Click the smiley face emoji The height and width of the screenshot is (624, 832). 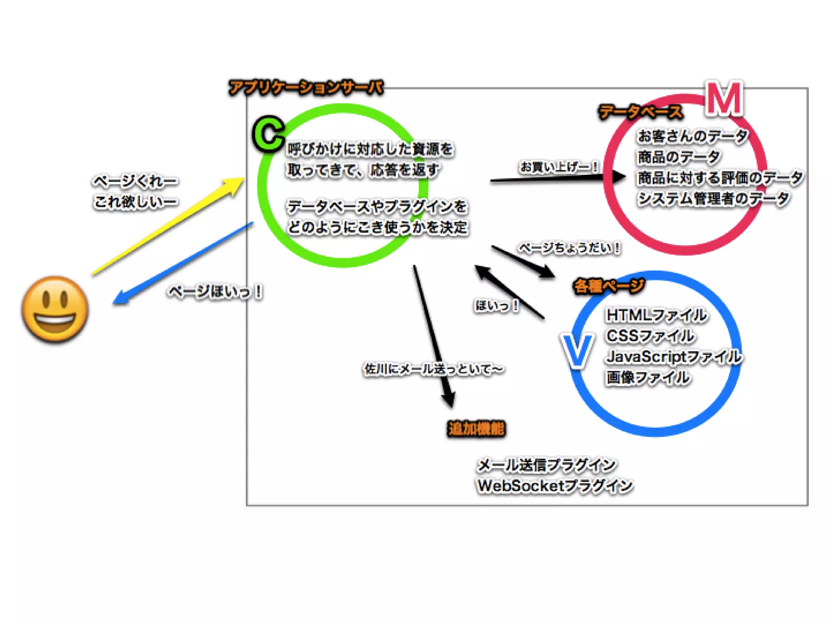tap(55, 310)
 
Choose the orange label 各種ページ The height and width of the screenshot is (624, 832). tap(608, 286)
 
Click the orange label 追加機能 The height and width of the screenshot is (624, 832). tap(477, 429)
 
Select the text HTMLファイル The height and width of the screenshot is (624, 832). tap(656, 315)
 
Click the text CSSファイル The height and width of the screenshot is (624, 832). tap(650, 336)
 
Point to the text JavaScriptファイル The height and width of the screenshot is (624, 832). tap(674, 357)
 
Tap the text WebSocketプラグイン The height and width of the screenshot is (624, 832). tap(555, 485)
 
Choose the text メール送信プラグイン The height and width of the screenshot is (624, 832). tap(546, 465)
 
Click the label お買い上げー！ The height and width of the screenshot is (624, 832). tap(559, 167)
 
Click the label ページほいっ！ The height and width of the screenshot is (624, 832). tap(216, 291)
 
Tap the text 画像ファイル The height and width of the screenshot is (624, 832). tap(648, 378)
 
